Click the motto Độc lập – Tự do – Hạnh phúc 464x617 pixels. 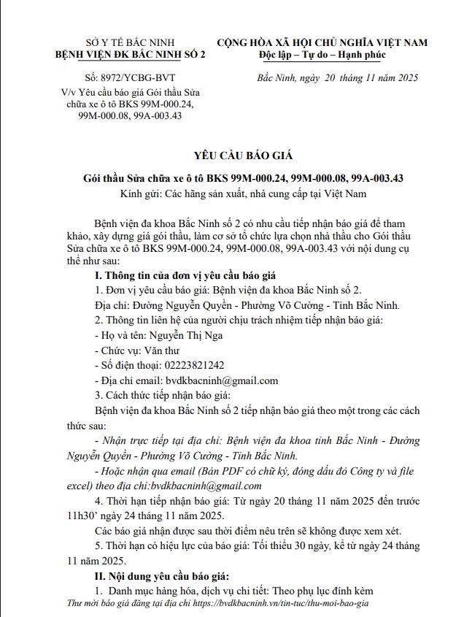[322, 55]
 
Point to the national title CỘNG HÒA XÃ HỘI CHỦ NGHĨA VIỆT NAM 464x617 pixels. [322, 42]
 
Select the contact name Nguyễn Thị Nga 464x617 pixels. [186, 335]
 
